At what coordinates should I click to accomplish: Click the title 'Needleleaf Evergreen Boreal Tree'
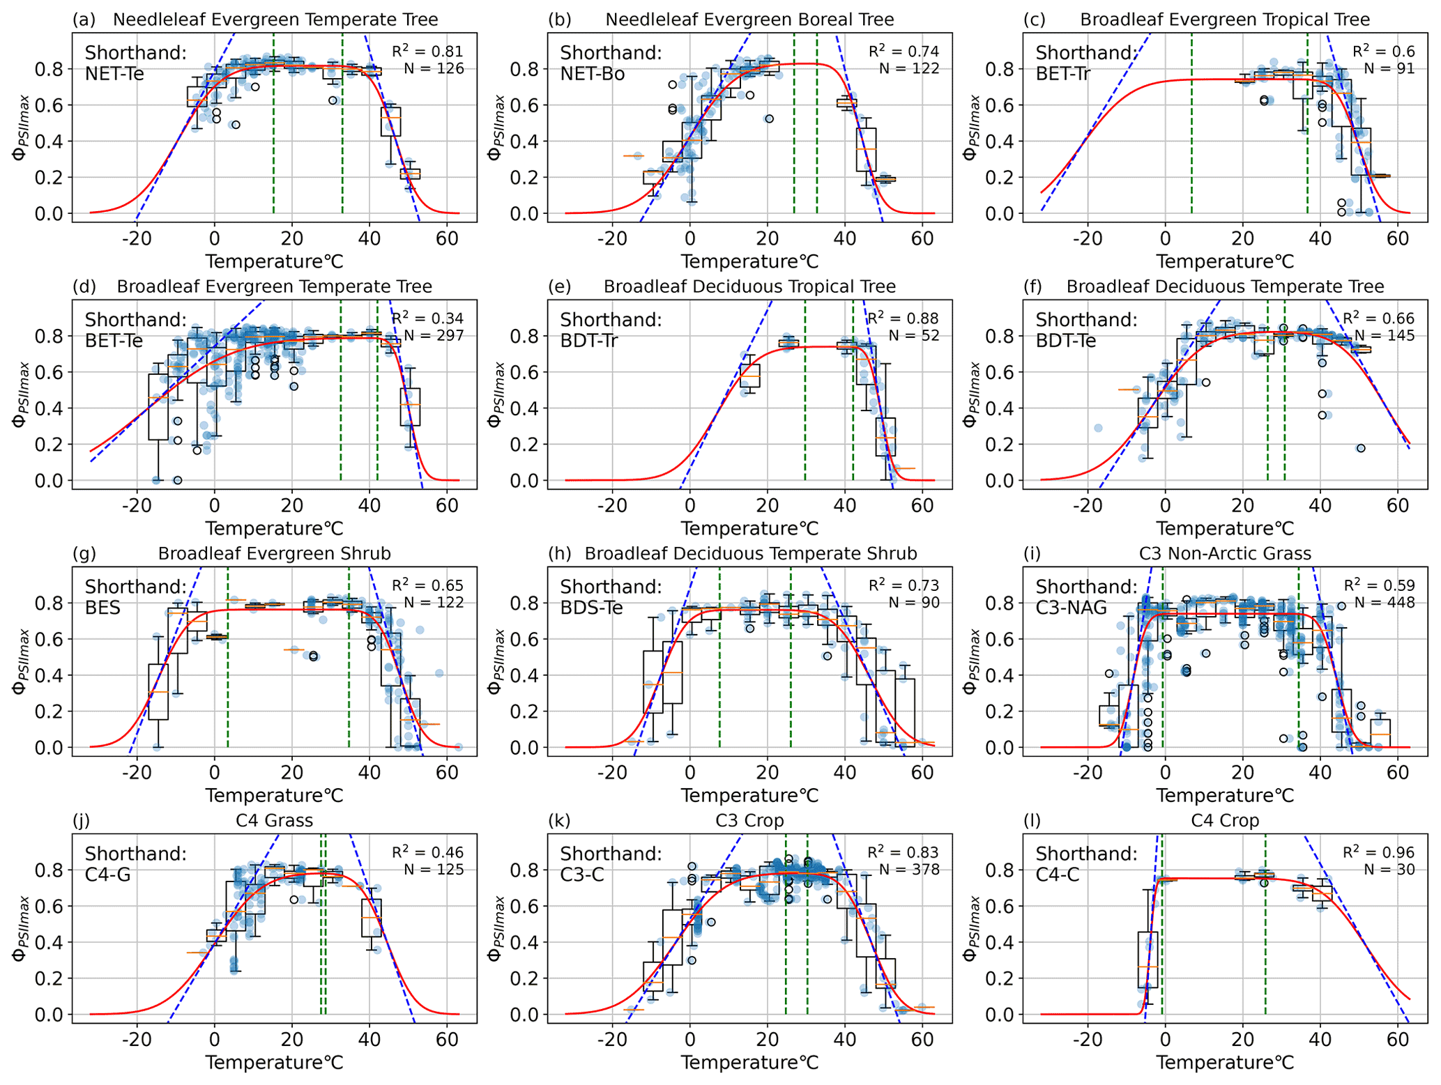click(x=749, y=20)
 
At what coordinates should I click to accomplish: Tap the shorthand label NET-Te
click(x=114, y=73)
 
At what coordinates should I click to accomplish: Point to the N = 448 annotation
click(x=1385, y=603)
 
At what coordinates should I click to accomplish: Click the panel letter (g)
click(x=84, y=554)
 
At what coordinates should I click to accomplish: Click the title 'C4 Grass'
click(x=274, y=821)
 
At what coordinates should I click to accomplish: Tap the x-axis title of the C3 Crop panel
click(x=749, y=1063)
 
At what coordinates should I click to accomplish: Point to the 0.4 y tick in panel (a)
click(x=50, y=141)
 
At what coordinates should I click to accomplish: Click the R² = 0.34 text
click(x=427, y=318)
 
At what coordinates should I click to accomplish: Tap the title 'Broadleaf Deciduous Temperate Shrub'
click(x=750, y=554)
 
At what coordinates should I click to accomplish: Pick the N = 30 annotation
click(x=1389, y=870)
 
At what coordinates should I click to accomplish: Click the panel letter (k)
click(x=559, y=821)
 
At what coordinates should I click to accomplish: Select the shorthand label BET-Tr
click(x=1062, y=73)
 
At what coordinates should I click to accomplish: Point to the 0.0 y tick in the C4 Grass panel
click(x=50, y=1015)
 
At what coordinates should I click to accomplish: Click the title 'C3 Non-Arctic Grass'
click(x=1225, y=554)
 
